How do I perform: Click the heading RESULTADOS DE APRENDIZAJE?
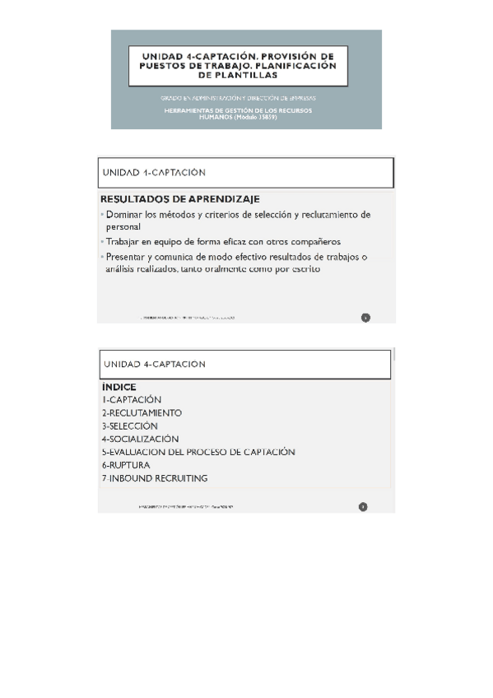[179, 198]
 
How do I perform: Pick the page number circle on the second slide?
[365, 317]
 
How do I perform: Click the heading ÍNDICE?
[119, 386]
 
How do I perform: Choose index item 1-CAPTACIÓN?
[132, 399]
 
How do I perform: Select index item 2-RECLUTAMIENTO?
[142, 412]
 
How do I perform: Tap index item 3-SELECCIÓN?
[129, 426]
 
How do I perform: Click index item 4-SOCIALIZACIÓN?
[140, 439]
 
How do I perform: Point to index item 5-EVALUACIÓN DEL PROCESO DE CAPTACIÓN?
[198, 452]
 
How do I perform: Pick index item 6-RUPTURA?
[126, 465]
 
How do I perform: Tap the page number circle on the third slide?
[363, 506]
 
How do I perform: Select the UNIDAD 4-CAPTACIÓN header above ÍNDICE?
[154, 363]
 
